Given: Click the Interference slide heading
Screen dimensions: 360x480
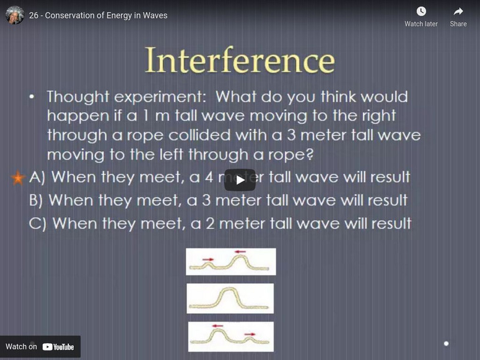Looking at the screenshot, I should [239, 61].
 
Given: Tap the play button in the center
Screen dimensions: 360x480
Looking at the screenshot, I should [239, 179].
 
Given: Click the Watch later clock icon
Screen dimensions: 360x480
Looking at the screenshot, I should [421, 11].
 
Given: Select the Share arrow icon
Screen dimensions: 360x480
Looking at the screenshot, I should [458, 11].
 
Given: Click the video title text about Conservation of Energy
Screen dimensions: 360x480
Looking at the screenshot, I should [98, 15].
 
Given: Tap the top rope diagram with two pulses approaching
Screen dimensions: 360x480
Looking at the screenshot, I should [231, 262].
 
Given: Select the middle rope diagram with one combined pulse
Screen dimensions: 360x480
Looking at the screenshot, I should [230, 298].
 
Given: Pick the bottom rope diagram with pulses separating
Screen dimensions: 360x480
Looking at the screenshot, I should [231, 337].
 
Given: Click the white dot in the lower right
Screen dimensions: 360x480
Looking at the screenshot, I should [446, 344].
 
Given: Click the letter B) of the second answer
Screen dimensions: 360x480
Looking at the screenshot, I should [37, 200].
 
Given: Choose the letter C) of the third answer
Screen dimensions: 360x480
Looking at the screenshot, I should [37, 223].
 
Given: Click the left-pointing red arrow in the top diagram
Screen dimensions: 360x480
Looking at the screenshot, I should [241, 252].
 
